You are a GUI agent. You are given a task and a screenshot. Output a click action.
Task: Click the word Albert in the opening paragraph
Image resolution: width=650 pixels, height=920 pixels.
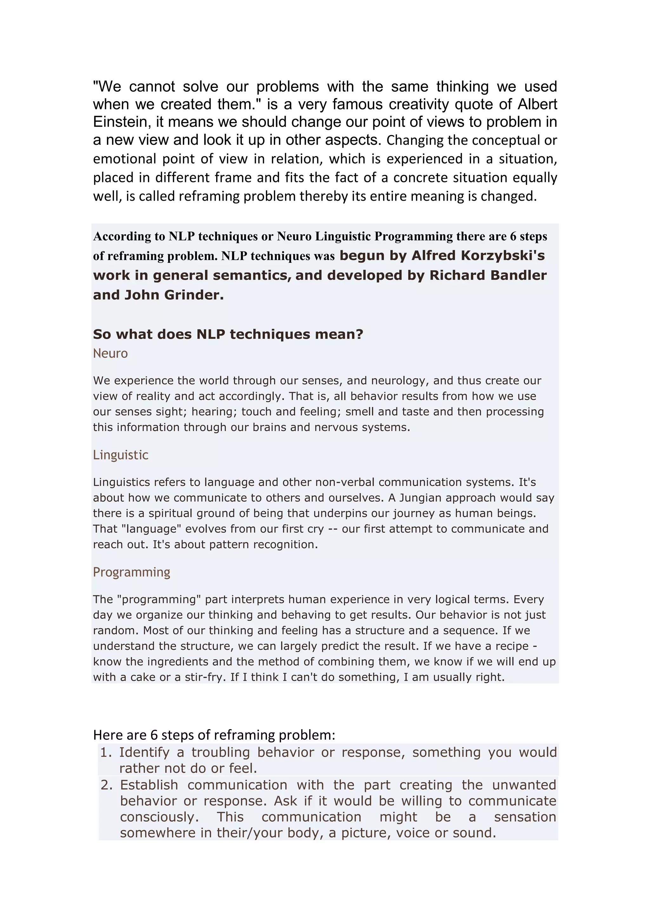point(537,104)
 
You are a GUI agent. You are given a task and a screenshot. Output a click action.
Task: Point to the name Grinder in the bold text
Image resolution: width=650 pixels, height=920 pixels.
point(194,295)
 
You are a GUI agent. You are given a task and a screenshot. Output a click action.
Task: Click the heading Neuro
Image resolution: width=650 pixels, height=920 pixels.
point(110,353)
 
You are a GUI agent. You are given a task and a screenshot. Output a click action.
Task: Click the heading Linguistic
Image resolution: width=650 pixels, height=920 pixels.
point(121,455)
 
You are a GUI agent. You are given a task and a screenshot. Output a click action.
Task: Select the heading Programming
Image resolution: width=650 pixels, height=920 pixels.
point(131,572)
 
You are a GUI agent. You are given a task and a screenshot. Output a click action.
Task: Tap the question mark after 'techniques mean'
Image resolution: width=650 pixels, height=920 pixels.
point(359,334)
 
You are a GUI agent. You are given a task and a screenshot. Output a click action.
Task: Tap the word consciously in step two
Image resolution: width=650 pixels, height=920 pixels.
point(159,817)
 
